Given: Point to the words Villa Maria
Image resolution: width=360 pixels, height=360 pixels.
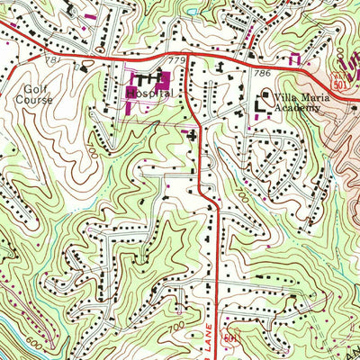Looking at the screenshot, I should [298, 97].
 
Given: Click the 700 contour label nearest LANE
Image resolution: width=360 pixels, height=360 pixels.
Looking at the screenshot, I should [178, 321].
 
